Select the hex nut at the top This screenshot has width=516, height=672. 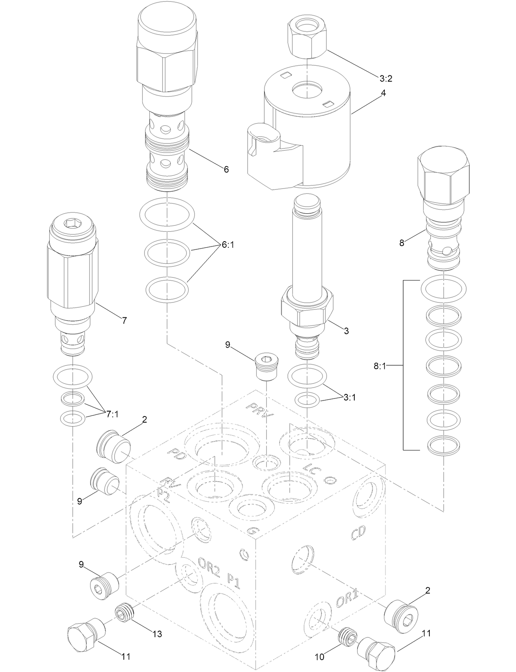point(307,39)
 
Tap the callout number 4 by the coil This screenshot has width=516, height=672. point(383,93)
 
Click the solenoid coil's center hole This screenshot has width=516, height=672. point(307,89)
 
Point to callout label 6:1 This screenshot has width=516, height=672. point(230,245)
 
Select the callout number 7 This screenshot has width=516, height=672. point(124,321)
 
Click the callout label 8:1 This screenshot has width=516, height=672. point(380,367)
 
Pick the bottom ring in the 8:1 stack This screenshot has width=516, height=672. point(443,446)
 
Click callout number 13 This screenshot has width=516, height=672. point(157,634)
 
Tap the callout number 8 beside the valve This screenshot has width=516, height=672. point(402,243)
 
